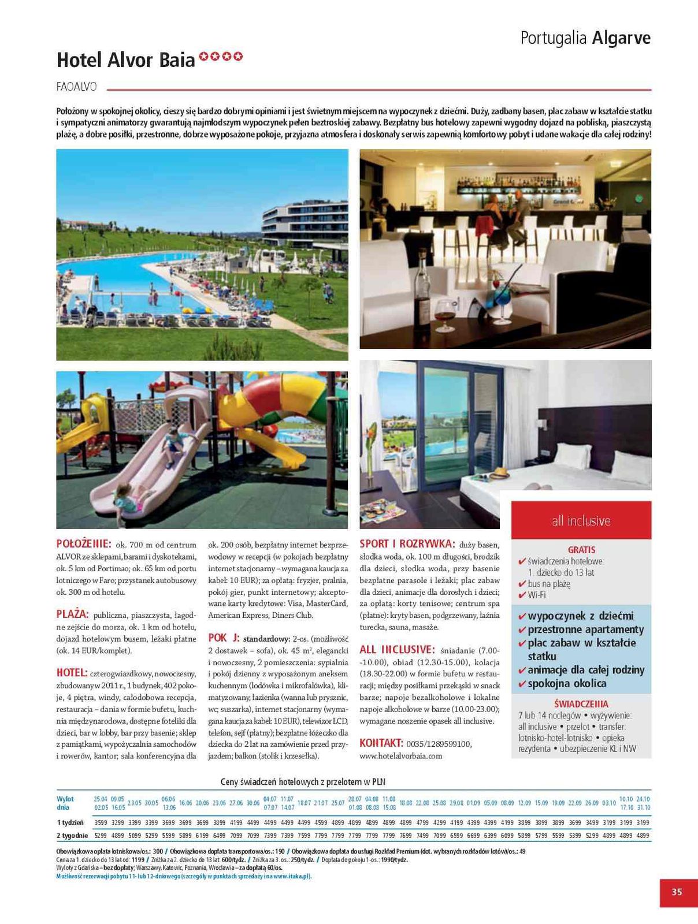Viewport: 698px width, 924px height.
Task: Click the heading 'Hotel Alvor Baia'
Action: [x=126, y=60]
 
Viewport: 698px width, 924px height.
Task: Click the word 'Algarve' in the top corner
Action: [x=621, y=38]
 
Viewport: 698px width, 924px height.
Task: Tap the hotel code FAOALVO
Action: [x=77, y=87]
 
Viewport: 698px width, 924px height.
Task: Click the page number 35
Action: [x=677, y=892]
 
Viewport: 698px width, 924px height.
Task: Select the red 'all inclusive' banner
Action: [x=581, y=520]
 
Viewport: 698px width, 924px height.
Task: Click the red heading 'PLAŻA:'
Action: [x=73, y=614]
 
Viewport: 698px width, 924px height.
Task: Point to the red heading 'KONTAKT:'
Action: [x=381, y=743]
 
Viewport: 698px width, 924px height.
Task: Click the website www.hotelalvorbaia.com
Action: [x=400, y=755]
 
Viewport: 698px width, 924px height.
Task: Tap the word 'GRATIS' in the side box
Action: [x=581, y=550]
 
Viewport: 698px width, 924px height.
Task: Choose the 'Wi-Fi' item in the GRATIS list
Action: [x=537, y=595]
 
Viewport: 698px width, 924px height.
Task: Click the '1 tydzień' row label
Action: [x=70, y=822]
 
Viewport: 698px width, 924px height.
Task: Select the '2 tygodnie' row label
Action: [x=72, y=835]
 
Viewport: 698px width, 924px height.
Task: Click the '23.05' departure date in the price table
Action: [x=134, y=803]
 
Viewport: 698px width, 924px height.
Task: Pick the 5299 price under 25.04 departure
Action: [x=101, y=835]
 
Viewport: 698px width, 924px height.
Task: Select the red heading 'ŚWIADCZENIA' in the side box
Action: [x=581, y=704]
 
